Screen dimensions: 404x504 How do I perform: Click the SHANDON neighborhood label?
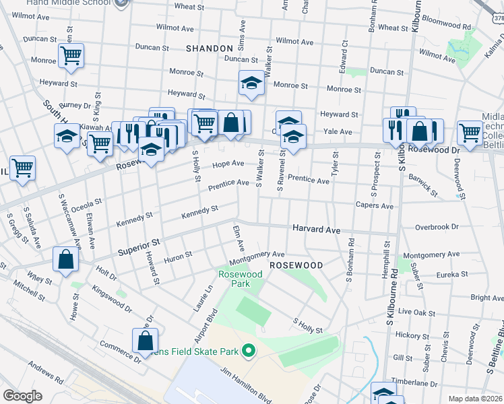point(210,48)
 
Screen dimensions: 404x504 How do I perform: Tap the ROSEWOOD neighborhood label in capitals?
point(296,266)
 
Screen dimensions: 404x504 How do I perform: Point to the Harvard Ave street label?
point(316,230)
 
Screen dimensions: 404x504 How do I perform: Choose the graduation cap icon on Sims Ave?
point(251,83)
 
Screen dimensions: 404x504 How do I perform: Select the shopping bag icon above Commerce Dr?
point(146,341)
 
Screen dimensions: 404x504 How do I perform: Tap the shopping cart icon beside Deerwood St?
point(470,132)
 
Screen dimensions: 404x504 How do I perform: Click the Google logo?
point(22,396)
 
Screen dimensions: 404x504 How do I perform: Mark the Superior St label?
point(139,246)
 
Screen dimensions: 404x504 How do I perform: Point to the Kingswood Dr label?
point(112,300)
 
